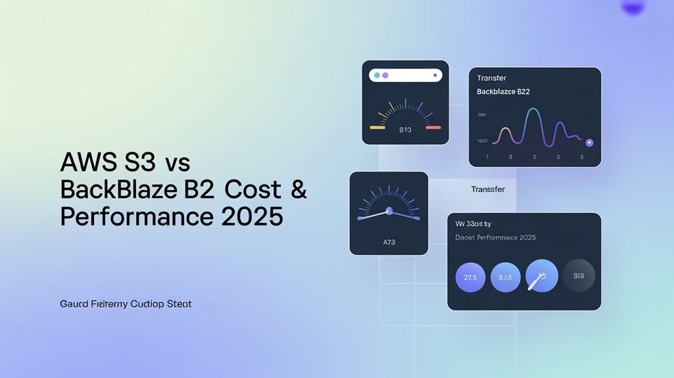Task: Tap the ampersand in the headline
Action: [299, 189]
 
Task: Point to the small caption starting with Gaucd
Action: [126, 304]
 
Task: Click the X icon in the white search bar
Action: [435, 76]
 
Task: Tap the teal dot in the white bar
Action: [377, 76]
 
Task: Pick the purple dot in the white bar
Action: [385, 76]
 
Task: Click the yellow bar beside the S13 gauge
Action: [377, 127]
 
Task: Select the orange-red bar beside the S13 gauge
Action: [433, 127]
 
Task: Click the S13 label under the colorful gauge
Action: [405, 130]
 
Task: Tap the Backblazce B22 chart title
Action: [503, 92]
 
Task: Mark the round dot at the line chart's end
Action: [589, 142]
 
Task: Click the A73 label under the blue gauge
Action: [389, 242]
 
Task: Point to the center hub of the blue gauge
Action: [389, 211]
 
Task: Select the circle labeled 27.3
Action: [470, 277]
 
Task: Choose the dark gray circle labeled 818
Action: [579, 276]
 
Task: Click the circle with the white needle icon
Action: [542, 276]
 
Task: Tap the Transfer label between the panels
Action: [488, 189]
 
